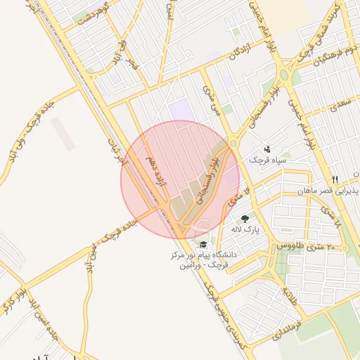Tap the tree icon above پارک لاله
(245, 219)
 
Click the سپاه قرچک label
(266, 160)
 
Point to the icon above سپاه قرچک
(267, 149)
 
